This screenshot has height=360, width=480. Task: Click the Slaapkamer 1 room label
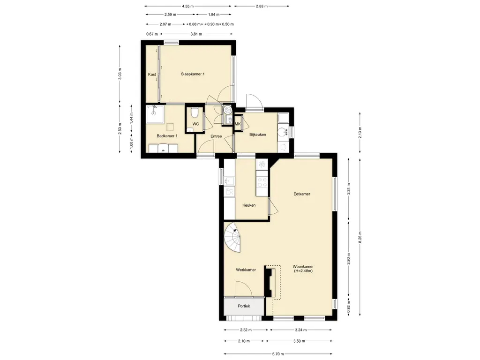coord(193,74)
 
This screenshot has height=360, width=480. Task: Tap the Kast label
coord(152,75)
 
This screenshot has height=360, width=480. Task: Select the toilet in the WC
coord(194,112)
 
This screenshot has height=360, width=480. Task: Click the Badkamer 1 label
coord(167,136)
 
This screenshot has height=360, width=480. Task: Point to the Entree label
coord(216,136)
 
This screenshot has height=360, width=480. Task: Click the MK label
coord(238,124)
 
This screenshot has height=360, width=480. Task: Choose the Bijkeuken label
coord(257,135)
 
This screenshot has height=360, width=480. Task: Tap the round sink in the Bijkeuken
coord(282,132)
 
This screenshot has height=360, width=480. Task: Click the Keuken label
coord(249,205)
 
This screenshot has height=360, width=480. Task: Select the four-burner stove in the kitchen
coord(262,182)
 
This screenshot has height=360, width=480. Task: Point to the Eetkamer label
coord(302,194)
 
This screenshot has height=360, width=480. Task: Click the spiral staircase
coord(232,238)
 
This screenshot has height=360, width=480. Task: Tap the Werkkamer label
coord(246,270)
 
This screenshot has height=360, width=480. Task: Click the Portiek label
coord(244,306)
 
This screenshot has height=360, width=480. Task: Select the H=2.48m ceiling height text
coord(303,271)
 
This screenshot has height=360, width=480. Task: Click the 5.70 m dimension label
coord(278,354)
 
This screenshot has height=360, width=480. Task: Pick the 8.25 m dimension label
coord(360,237)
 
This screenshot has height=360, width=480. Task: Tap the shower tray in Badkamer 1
coord(155,114)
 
